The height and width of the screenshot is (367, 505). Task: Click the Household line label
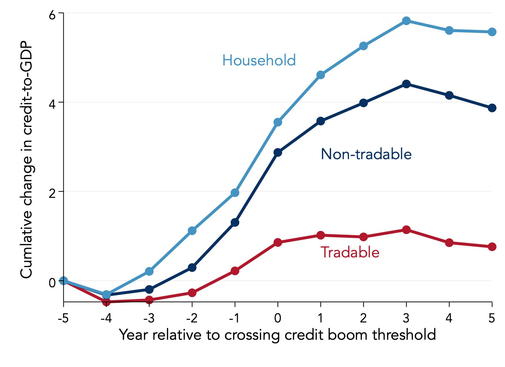(x=259, y=60)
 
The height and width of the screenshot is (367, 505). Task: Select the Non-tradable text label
(x=366, y=154)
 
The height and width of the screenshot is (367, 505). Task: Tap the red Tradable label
(x=350, y=252)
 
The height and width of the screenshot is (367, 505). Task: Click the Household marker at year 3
(x=406, y=21)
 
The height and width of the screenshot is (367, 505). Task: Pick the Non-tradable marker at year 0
(x=278, y=152)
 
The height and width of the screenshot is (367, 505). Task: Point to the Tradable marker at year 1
(x=321, y=235)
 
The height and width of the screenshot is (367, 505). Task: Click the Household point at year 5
(x=492, y=32)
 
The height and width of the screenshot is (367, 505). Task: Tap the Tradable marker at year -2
(x=192, y=293)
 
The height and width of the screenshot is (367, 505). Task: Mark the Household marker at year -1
(x=235, y=193)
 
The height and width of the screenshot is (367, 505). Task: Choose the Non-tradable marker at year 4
(x=449, y=96)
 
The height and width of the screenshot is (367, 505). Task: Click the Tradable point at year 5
(x=492, y=247)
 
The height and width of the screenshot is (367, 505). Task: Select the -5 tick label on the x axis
(x=63, y=318)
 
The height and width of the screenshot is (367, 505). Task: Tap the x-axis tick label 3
(x=406, y=318)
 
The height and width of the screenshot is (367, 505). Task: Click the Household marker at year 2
(x=363, y=46)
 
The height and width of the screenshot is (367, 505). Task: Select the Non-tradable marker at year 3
(x=406, y=84)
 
